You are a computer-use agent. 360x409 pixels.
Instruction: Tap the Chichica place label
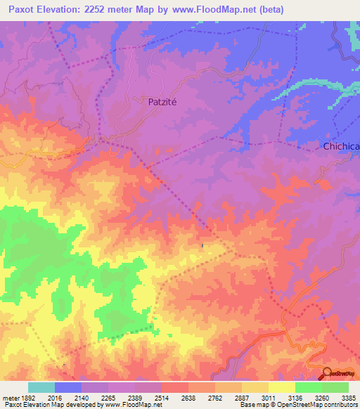(340, 146)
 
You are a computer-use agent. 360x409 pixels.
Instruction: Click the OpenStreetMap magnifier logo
(327, 372)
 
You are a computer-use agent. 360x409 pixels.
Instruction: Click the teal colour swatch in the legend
(41, 387)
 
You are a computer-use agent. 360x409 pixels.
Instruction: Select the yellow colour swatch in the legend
(282, 387)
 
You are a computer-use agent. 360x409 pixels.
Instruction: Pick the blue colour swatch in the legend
(68, 387)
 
